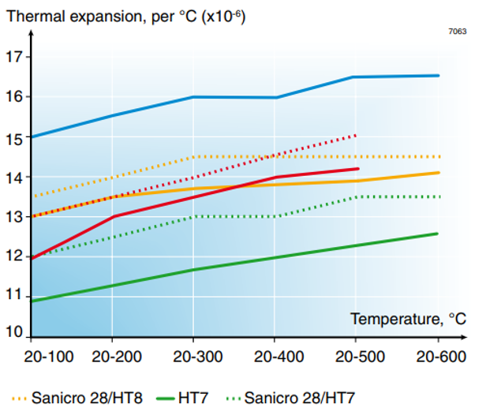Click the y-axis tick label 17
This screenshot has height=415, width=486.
14,57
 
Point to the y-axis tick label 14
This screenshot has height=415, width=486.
14,177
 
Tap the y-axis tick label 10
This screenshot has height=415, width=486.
14,332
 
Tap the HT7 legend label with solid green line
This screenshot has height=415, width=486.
190,397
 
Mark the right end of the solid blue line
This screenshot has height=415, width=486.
439,76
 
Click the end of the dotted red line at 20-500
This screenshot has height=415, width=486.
357,136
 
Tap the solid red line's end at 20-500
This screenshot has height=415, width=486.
358,169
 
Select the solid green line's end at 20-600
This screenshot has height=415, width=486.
438,234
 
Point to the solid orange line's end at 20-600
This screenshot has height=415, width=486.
439,173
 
